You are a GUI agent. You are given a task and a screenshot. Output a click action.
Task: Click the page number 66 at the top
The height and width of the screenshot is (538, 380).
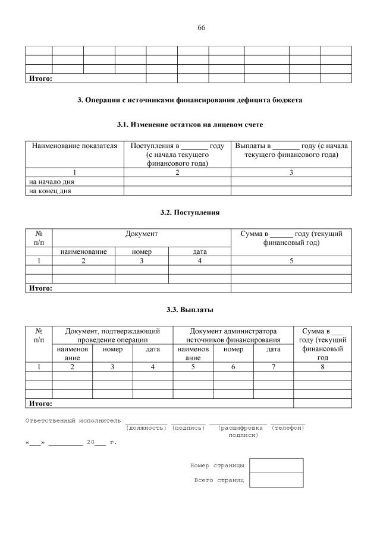tap(201, 27)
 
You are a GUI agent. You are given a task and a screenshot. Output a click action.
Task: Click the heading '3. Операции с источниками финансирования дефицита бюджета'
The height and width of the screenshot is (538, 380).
tap(190, 100)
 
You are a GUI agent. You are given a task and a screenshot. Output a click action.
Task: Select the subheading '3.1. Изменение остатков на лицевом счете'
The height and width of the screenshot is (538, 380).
tap(190, 125)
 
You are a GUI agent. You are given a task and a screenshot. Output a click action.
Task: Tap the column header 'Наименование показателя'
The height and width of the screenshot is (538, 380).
tap(74, 146)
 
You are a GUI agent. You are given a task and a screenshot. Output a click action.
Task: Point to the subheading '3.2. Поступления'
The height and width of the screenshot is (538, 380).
tap(190, 212)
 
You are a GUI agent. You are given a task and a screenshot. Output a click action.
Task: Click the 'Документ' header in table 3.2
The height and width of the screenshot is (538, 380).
tap(142, 234)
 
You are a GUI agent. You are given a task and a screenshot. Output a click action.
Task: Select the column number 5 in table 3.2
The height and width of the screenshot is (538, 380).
tap(291, 260)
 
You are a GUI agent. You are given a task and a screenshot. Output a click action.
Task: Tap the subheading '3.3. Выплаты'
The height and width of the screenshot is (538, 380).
tap(190, 310)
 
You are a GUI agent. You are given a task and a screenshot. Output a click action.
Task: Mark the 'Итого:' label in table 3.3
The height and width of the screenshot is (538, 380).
tap(40, 403)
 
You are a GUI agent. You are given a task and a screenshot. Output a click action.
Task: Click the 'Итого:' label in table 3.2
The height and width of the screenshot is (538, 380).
tap(40, 288)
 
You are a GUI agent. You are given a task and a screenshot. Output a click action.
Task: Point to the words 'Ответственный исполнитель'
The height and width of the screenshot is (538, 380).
tap(73, 421)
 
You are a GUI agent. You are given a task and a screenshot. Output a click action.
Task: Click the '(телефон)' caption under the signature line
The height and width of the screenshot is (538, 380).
tap(288, 428)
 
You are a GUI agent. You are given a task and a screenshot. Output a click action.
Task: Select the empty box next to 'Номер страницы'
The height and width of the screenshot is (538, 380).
tap(276, 465)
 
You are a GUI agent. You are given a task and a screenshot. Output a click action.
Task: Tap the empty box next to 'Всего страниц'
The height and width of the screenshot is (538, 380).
tap(276, 480)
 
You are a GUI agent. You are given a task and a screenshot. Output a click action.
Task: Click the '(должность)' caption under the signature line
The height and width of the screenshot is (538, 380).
tap(146, 428)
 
